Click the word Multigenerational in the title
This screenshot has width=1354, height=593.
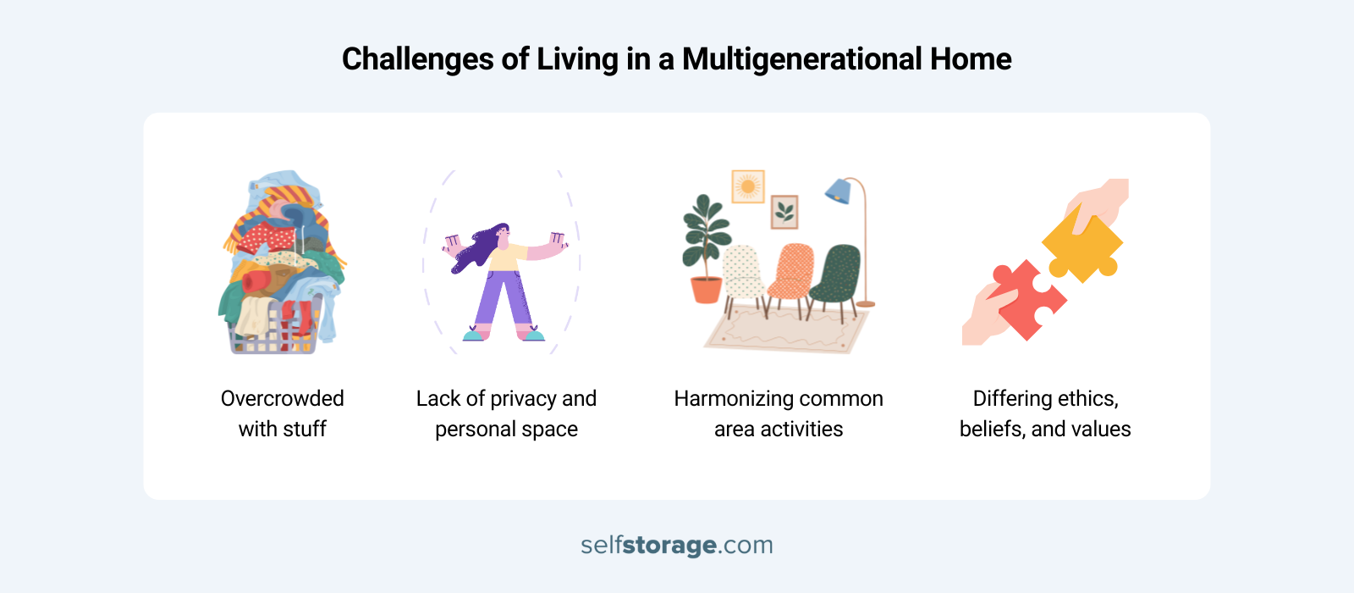[801, 59]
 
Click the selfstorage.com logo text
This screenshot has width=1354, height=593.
[677, 545]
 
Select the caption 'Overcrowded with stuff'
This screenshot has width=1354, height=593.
[282, 413]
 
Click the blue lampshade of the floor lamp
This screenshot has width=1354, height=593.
[839, 191]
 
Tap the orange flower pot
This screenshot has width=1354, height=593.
[706, 290]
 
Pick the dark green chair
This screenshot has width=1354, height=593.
[837, 273]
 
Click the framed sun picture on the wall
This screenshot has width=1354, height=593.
[748, 186]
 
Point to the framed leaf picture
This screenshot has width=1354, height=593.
[784, 212]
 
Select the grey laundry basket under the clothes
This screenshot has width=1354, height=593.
[272, 335]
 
